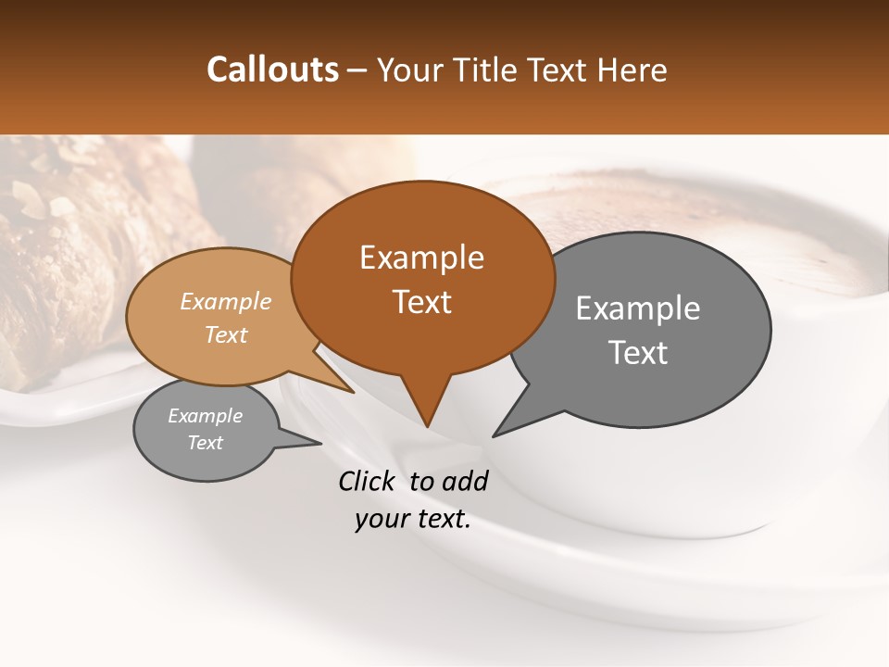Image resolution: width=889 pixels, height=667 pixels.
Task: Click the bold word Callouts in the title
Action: (x=272, y=69)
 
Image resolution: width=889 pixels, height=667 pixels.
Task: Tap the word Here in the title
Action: (x=633, y=69)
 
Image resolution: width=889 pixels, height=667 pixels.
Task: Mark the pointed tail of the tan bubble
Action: (x=352, y=392)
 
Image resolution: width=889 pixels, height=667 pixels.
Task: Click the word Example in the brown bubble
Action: (x=421, y=257)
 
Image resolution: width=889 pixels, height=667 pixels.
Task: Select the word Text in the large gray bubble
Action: (x=638, y=353)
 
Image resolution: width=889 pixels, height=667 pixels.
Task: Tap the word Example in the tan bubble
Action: (x=226, y=301)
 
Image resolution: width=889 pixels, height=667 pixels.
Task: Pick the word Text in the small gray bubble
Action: (x=206, y=443)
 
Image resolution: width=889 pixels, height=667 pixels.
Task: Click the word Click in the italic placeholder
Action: (x=367, y=481)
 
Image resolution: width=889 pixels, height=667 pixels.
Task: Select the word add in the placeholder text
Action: (x=465, y=481)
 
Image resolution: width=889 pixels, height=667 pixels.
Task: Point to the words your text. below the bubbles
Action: (x=413, y=519)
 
